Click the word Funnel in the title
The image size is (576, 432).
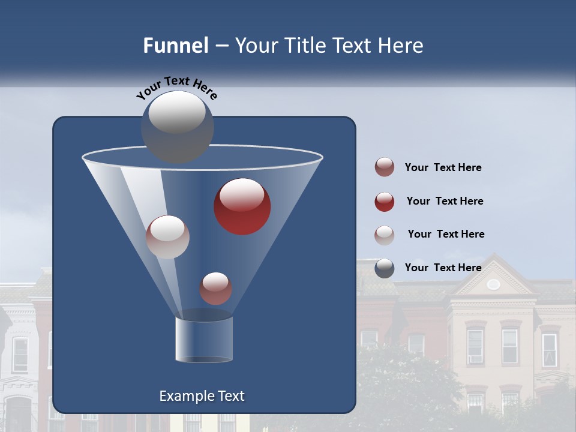click(x=175, y=46)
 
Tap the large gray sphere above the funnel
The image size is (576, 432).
click(x=177, y=127)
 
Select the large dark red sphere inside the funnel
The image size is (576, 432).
click(x=242, y=206)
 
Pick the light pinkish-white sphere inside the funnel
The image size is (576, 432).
click(x=167, y=236)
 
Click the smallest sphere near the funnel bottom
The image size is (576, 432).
click(x=215, y=288)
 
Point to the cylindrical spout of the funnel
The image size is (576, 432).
click(x=204, y=339)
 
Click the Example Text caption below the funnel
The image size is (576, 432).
click(x=202, y=396)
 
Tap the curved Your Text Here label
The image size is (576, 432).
click(x=176, y=87)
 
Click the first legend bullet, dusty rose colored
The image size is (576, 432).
click(x=385, y=167)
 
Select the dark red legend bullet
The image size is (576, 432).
click(x=385, y=202)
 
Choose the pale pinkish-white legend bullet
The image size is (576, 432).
click(x=385, y=235)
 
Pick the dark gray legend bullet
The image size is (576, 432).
click(x=385, y=268)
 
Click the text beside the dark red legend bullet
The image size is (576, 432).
click(x=445, y=202)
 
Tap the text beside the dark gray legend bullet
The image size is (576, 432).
click(x=443, y=268)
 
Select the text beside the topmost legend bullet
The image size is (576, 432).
click(x=443, y=167)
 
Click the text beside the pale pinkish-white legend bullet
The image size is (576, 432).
click(x=446, y=234)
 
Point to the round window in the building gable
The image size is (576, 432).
click(x=493, y=284)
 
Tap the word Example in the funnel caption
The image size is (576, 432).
click(x=185, y=396)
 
